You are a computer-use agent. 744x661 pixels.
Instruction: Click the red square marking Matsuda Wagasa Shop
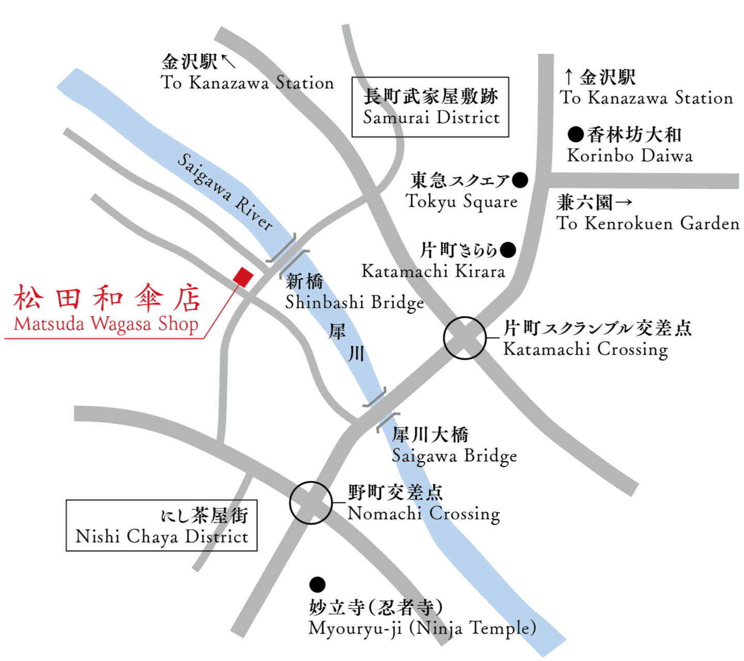[243, 277]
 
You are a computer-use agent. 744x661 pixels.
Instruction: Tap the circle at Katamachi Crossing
[465, 338]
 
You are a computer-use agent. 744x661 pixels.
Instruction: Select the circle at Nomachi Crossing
[311, 503]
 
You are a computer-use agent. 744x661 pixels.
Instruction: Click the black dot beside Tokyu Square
[520, 180]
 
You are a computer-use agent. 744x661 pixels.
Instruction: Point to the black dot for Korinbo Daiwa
[575, 134]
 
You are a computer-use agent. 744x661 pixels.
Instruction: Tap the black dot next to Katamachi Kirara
[508, 250]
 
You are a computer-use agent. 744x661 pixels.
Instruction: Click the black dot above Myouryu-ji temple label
[317, 585]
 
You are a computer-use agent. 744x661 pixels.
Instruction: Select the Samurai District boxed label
[430, 107]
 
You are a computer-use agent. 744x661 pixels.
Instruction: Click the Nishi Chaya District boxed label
[162, 526]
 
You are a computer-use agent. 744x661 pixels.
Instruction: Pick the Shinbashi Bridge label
[354, 302]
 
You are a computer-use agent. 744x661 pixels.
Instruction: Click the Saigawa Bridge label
[454, 456]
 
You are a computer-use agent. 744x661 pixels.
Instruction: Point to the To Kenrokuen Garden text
[648, 223]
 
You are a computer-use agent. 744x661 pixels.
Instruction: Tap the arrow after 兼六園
[624, 202]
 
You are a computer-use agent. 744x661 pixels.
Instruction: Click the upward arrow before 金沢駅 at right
[568, 78]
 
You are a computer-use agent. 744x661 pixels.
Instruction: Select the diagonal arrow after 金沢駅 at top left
[228, 61]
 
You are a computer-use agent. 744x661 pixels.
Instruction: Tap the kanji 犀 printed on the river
[337, 331]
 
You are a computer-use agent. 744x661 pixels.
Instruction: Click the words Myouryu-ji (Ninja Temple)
[422, 628]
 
